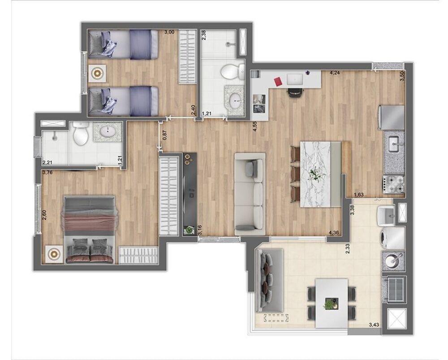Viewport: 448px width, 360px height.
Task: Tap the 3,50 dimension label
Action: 402,75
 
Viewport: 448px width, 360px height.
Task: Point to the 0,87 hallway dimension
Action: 164,135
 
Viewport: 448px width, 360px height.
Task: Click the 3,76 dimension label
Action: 47,172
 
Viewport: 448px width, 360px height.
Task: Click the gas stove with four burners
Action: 393,184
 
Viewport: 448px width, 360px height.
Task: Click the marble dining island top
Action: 319,174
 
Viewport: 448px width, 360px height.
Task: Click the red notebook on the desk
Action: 276,81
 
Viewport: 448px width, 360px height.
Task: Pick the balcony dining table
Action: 332,303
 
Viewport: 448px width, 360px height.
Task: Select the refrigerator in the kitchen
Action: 392,117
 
